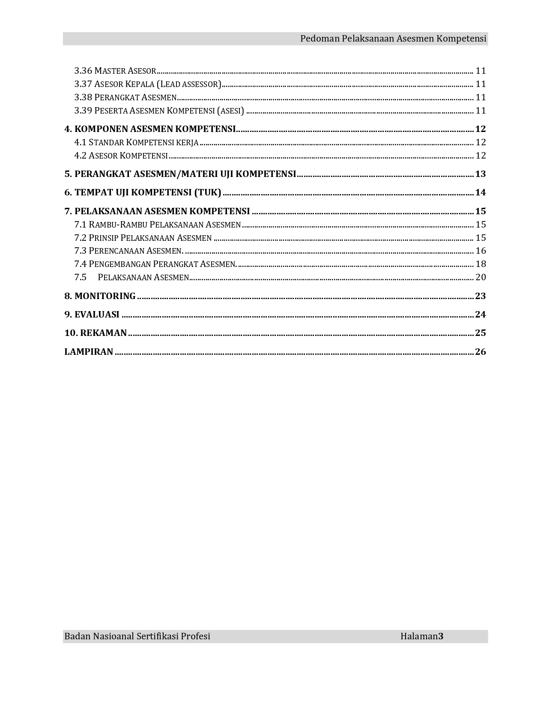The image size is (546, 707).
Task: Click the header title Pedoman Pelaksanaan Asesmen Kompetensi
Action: tap(393, 39)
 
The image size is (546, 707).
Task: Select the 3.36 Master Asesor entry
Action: tap(115, 71)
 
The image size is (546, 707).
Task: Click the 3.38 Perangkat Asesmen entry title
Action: tap(125, 97)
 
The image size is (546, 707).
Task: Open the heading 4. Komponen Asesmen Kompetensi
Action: tap(150, 129)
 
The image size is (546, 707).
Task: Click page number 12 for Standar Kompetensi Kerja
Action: tap(480, 142)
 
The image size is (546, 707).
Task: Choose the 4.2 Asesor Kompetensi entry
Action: tap(121, 156)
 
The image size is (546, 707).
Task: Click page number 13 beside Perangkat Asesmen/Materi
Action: tap(480, 174)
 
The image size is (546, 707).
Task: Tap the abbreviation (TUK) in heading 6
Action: tap(208, 192)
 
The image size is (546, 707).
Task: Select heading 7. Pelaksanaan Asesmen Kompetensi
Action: tap(157, 211)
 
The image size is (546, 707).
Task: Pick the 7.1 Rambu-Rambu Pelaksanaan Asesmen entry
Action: tap(158, 225)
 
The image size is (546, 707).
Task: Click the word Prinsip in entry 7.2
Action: tap(104, 238)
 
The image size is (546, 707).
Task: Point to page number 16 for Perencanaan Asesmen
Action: tap(480, 251)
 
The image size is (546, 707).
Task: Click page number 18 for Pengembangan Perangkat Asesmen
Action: tap(480, 264)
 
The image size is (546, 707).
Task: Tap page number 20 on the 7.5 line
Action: tap(480, 277)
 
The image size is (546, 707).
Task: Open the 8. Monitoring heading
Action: tap(100, 296)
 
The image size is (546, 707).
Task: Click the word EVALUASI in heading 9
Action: tap(97, 315)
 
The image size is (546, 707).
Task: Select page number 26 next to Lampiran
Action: tap(480, 352)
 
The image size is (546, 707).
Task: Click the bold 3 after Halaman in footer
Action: tap(441, 636)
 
